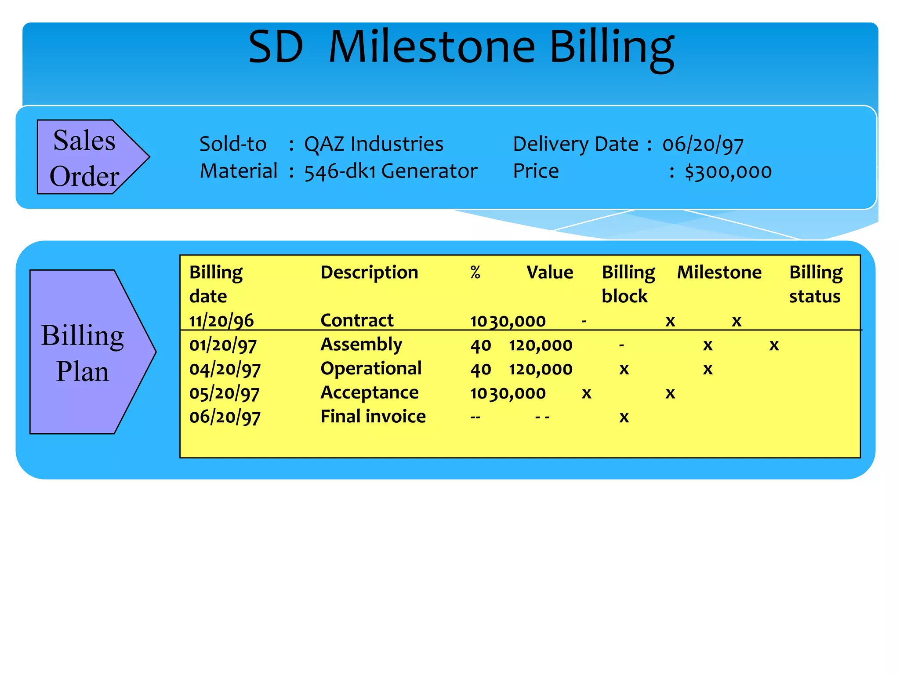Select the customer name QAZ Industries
374,144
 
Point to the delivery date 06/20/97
703,145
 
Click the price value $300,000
728,171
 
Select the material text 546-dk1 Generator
391,171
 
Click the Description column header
369,272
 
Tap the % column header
475,272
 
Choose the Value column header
550,272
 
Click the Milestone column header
719,272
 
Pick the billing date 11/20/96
221,321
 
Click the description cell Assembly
361,345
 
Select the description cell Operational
371,369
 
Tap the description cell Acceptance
369,393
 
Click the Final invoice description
373,417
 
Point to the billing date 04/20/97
225,369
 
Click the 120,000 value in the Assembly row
541,345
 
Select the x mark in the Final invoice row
624,417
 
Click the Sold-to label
233,144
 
